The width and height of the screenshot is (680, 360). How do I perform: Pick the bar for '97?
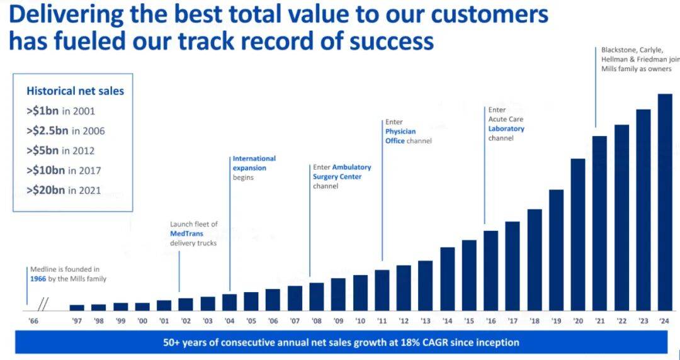(77, 307)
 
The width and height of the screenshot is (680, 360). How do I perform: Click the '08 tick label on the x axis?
(316, 321)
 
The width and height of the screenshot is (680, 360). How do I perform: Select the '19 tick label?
(556, 321)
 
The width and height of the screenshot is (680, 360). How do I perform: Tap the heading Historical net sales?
(75, 91)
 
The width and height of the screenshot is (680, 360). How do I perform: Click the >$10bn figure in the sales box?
(45, 171)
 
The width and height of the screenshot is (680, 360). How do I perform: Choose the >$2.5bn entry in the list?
(48, 131)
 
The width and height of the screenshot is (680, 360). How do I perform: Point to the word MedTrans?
(186, 233)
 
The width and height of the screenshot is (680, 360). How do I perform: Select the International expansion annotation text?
(254, 163)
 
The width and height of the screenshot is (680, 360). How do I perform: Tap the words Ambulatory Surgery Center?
(342, 172)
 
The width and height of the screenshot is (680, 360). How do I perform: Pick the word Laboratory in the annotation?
(506, 128)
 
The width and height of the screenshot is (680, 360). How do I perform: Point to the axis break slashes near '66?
(43, 305)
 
